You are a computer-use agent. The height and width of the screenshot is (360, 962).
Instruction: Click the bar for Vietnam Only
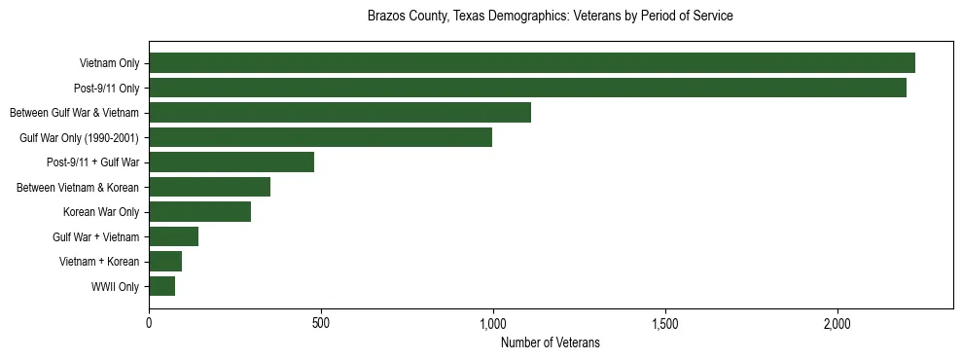tap(532, 63)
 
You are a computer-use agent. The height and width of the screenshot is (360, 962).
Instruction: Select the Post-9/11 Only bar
tap(527, 88)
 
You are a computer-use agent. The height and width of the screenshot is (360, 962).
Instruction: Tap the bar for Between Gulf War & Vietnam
tap(339, 113)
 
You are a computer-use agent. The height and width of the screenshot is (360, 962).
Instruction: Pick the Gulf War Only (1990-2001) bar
tap(320, 137)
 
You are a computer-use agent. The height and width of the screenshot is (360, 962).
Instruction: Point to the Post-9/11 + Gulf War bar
tap(232, 162)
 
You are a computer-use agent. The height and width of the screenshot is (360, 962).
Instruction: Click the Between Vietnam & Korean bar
tap(209, 187)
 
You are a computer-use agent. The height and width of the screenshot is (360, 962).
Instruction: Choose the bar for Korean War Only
tap(199, 212)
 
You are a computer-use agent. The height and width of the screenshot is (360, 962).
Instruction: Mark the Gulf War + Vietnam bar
tap(173, 236)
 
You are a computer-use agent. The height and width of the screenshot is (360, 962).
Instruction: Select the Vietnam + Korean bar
tap(165, 262)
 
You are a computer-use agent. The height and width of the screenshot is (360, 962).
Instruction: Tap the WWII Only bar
tap(161, 286)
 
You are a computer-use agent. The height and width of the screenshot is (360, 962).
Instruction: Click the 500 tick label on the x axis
tap(321, 322)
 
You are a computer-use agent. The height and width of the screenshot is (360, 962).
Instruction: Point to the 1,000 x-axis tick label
tap(493, 322)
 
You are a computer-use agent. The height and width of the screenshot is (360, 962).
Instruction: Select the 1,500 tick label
tap(665, 322)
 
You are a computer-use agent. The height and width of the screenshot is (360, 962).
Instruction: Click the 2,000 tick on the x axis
tap(837, 322)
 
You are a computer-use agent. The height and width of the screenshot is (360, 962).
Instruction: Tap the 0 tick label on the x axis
tap(149, 322)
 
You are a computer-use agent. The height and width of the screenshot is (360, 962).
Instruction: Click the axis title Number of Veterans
tap(551, 342)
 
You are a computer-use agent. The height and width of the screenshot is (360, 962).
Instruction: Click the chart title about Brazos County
tap(551, 17)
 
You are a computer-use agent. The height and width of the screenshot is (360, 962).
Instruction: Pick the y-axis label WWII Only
tap(115, 287)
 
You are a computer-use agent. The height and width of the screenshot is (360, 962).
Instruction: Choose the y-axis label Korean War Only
tap(101, 212)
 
